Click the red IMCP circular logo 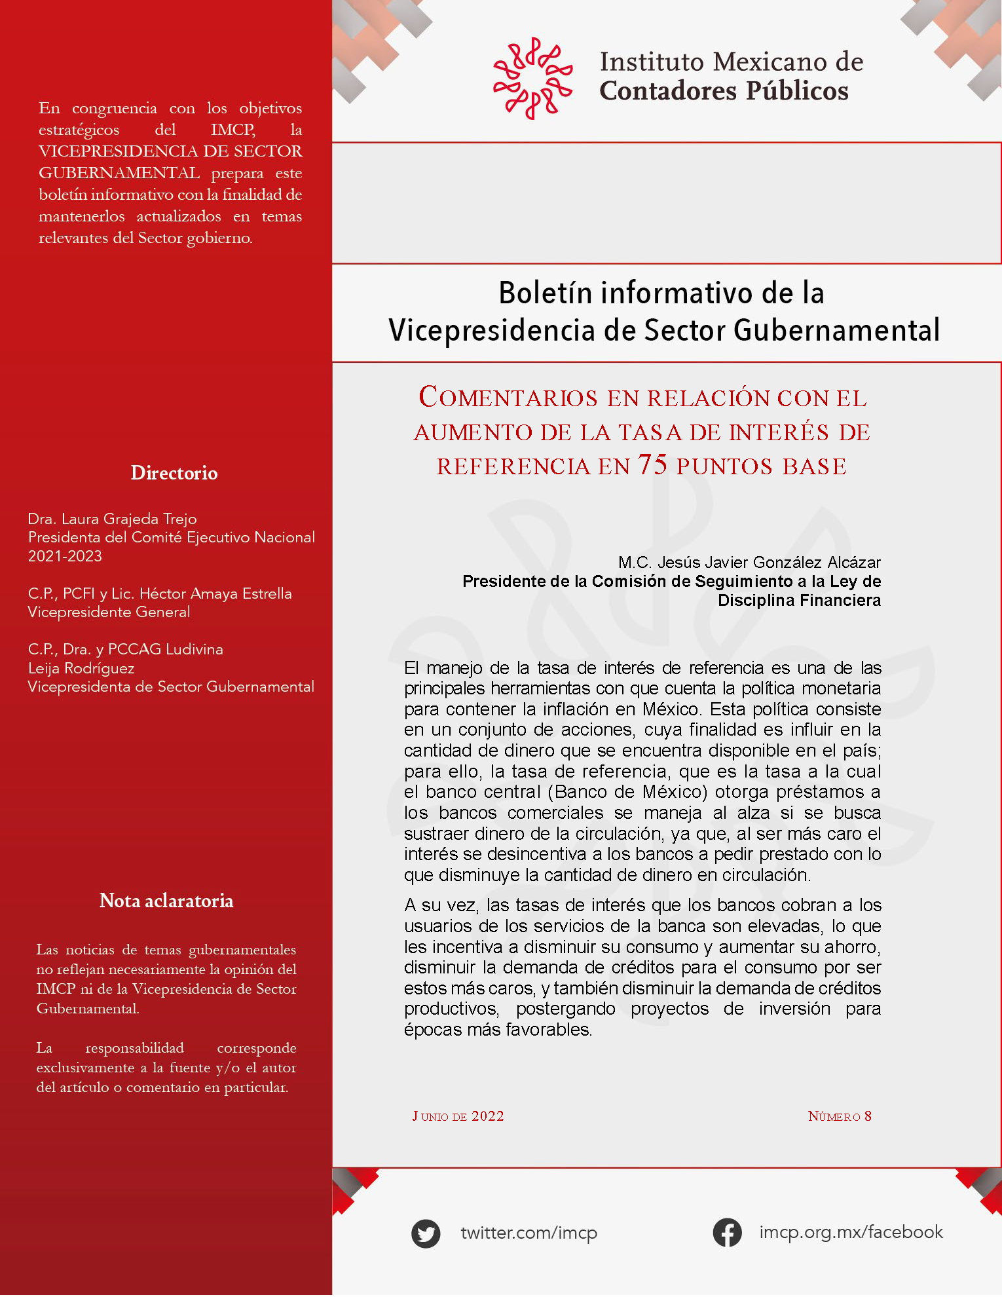tap(532, 79)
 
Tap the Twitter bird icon tap(426, 1233)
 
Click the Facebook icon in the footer tap(727, 1232)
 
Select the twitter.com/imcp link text tap(529, 1233)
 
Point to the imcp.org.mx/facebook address tap(851, 1232)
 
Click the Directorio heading tap(174, 472)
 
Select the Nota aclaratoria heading tap(166, 901)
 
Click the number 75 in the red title tap(653, 464)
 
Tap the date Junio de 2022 tap(458, 1116)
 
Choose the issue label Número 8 tap(840, 1116)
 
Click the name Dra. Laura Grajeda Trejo tap(112, 519)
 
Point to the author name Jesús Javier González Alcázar tap(769, 562)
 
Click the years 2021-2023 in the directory tap(65, 556)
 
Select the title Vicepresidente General tap(109, 612)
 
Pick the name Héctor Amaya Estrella tap(215, 593)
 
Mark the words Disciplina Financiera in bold tap(799, 600)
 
